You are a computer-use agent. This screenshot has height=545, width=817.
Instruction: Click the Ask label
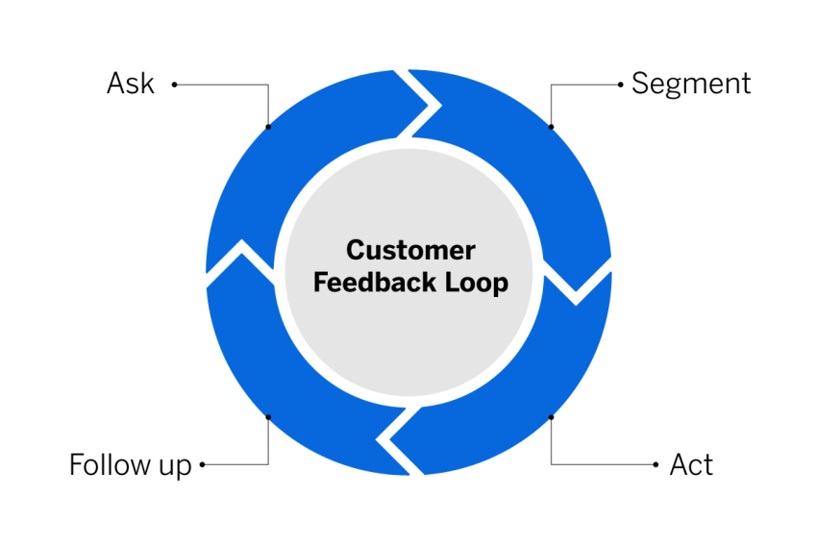click(x=130, y=84)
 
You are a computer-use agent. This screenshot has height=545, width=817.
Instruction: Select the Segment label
click(x=690, y=84)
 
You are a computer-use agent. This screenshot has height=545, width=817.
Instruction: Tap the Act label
click(x=691, y=465)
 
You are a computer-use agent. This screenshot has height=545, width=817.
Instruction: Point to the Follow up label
click(x=130, y=465)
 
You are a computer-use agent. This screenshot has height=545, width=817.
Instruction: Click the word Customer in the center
click(x=410, y=251)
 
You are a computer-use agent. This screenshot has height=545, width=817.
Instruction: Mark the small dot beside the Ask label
click(x=174, y=85)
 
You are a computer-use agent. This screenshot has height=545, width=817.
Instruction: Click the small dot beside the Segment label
click(x=620, y=85)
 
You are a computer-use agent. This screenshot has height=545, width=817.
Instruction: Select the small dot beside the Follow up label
click(x=202, y=465)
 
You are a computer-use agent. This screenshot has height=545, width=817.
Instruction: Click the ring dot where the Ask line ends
click(x=267, y=126)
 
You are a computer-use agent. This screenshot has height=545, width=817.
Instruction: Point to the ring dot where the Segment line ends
click(x=551, y=126)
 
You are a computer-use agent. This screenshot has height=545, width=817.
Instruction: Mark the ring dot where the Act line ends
click(x=551, y=417)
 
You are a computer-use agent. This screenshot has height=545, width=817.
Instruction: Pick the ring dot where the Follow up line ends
click(x=267, y=417)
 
